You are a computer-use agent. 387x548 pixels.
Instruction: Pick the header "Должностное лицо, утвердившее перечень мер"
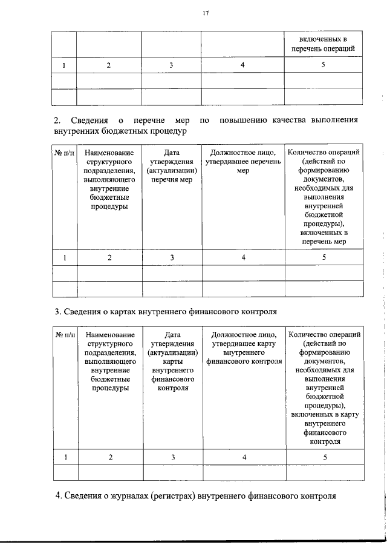tap(244, 162)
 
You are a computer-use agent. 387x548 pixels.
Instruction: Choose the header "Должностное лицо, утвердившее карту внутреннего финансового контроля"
tap(244, 348)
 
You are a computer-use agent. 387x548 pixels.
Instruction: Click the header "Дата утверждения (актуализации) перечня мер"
tap(172, 167)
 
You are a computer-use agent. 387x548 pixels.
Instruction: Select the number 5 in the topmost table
tap(324, 65)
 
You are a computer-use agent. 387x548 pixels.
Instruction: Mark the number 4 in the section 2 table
tap(244, 258)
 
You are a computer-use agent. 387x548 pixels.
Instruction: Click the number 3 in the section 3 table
tap(172, 457)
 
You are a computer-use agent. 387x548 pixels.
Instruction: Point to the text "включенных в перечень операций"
tap(324, 43)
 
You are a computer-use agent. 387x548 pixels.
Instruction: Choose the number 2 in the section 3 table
tap(110, 457)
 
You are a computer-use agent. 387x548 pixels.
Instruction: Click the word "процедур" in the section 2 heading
tap(166, 131)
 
